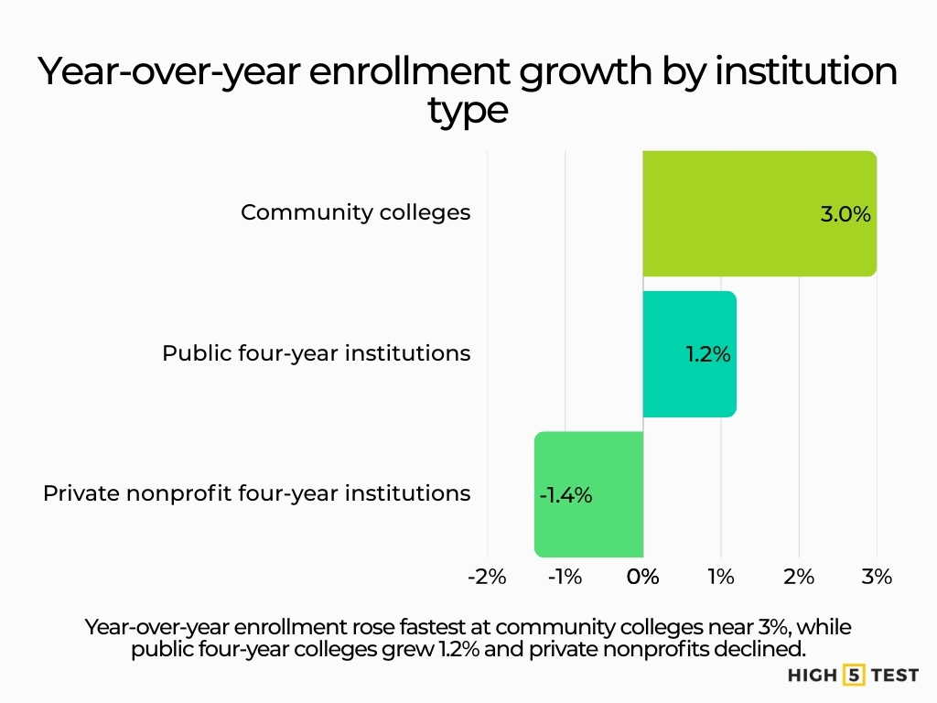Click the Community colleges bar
[759, 213]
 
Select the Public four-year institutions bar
[689, 353]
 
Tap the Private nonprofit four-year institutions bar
[588, 494]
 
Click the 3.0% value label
[845, 215]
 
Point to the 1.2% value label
[708, 354]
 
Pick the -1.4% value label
[565, 495]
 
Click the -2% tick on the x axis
[486, 577]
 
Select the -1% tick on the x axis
[565, 577]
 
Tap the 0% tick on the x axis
[643, 577]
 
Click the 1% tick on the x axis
[721, 577]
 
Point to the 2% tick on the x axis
[799, 577]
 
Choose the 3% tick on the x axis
[877, 577]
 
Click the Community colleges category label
[355, 213]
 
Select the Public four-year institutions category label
[316, 353]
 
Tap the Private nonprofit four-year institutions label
[256, 494]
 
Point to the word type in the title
[467, 112]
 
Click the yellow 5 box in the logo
[853, 676]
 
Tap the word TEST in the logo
[895, 676]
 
